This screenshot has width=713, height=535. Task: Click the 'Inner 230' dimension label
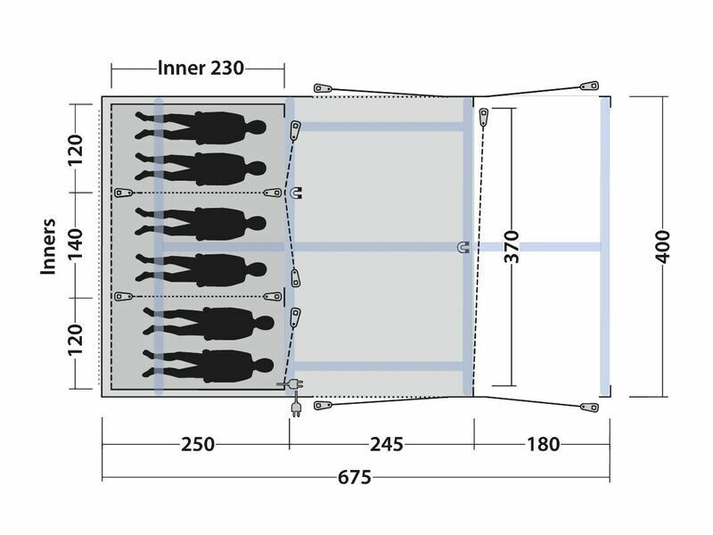tap(201, 69)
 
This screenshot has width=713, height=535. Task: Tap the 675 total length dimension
tap(355, 478)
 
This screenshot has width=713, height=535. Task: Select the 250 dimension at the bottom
tap(198, 444)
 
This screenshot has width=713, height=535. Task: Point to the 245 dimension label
tap(387, 444)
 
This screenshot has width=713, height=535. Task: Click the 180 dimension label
tap(544, 444)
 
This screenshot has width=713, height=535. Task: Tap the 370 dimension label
tap(512, 247)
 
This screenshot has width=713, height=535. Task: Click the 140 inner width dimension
tap(76, 244)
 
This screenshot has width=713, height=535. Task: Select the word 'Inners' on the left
tap(48, 247)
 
